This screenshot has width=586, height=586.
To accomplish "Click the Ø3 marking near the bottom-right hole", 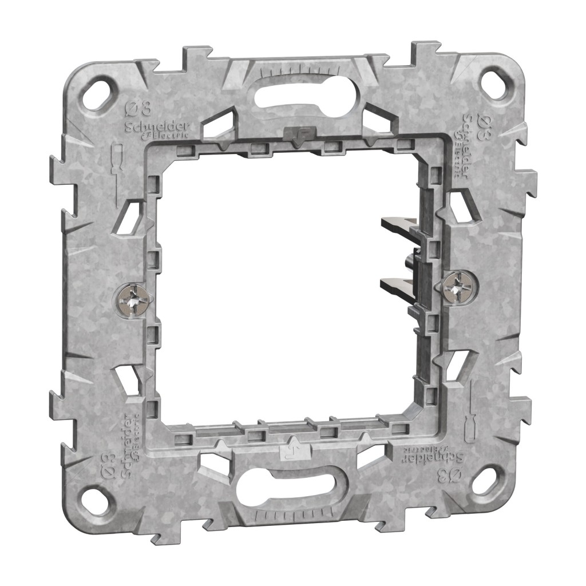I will point(451,474).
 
